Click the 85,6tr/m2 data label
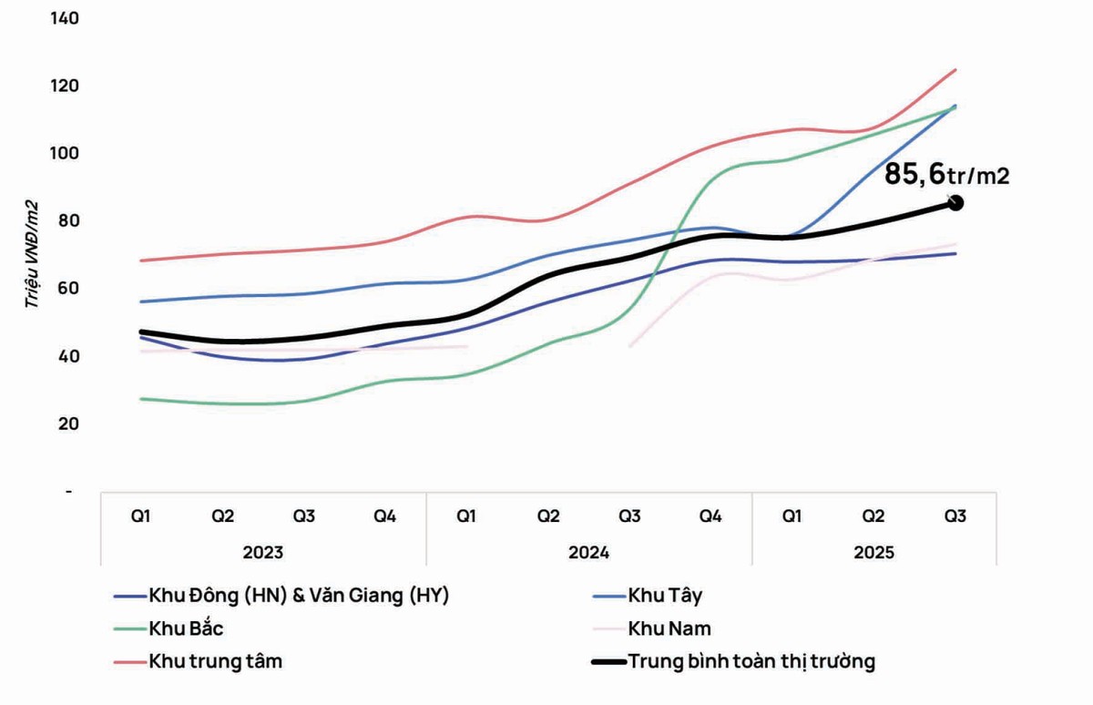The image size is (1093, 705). [x=947, y=173]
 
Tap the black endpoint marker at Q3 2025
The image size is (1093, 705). [x=955, y=203]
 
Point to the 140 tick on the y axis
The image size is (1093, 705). [x=68, y=18]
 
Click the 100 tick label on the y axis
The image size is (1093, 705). [x=68, y=153]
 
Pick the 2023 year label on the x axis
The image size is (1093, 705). [x=263, y=552]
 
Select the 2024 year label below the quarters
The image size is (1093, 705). [x=589, y=552]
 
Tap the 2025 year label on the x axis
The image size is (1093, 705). [x=874, y=552]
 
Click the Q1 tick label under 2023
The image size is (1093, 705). [x=141, y=516]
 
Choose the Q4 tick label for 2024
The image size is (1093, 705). [x=711, y=516]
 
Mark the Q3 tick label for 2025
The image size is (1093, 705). [x=955, y=516]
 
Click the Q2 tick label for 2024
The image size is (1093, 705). [x=548, y=516]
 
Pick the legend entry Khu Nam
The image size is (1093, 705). [x=669, y=628]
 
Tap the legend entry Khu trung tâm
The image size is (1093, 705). [x=216, y=661]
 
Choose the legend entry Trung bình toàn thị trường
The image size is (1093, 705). [x=751, y=661]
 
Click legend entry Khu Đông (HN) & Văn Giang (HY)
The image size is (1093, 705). [x=299, y=597]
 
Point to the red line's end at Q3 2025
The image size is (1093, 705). [x=955, y=69]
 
